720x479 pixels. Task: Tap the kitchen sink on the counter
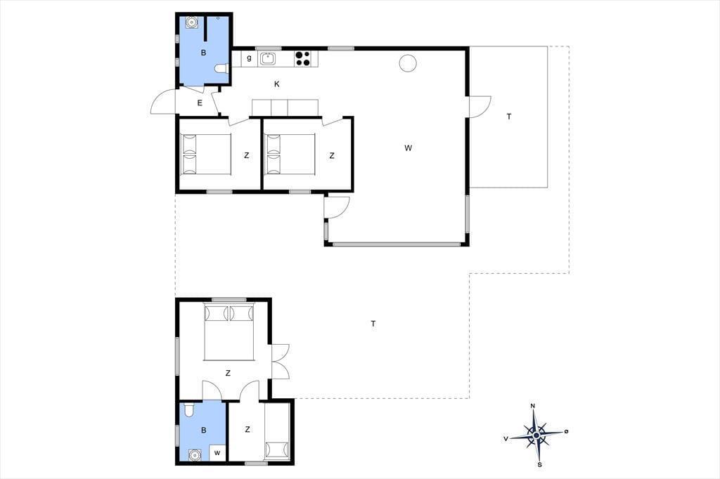coord(267,59)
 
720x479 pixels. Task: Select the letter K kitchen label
coord(276,84)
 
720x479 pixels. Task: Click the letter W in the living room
coord(409,147)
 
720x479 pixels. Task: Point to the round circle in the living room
coord(407,63)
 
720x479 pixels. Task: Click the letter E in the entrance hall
coord(200,103)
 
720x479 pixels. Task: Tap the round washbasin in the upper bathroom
coord(191,22)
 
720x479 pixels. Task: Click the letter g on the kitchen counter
coord(249,58)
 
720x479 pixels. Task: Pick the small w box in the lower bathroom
coord(218,452)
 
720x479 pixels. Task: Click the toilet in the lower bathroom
coord(188,409)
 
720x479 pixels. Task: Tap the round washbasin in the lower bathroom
coord(195,454)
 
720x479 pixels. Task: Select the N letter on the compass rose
coord(533,406)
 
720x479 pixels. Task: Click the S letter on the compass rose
coord(539,465)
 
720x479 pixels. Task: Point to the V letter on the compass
coord(506,439)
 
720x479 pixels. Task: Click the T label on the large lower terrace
coord(373,324)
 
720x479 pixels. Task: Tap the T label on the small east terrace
coord(509,117)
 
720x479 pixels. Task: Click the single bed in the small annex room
coord(277,431)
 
